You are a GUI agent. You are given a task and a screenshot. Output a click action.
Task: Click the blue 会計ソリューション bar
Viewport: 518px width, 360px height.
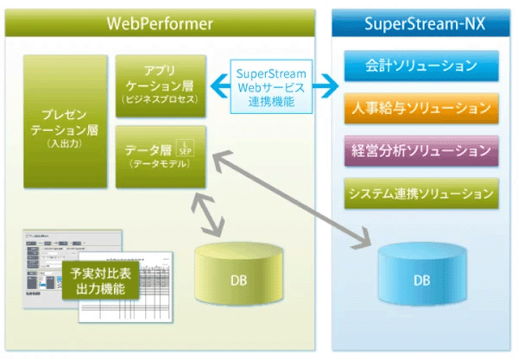click(421, 65)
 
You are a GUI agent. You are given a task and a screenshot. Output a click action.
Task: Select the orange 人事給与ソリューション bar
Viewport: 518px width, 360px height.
click(421, 108)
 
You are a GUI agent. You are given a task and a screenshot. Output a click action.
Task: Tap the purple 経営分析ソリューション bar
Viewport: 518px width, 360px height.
click(421, 150)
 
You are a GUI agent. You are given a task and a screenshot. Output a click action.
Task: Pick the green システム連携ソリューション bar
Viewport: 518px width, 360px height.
click(421, 193)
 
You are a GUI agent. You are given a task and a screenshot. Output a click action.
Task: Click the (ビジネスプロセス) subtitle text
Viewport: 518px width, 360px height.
click(161, 102)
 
